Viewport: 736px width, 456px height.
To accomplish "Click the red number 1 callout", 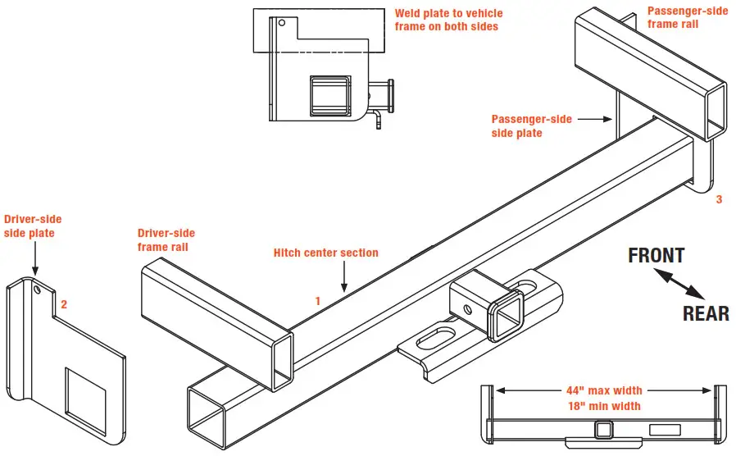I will (318, 301).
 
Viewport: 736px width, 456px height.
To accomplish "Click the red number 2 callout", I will (64, 303).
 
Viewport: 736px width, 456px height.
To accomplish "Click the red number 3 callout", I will (719, 199).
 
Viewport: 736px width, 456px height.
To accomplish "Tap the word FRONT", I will (656, 256).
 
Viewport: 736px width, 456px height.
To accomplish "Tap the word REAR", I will (706, 313).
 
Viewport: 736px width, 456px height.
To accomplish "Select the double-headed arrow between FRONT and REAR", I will (681, 285).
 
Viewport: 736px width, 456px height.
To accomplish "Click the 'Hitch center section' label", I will (325, 253).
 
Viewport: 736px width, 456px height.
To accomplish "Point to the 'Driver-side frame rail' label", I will (166, 239).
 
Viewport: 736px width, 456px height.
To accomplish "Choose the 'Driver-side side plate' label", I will (33, 226).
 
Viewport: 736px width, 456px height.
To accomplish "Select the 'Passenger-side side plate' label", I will (531, 126).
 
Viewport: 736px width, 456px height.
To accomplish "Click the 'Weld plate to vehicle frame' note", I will (448, 20).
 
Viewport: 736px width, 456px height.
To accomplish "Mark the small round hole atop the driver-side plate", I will (38, 288).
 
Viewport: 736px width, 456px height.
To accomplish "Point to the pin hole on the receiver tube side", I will (468, 309).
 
